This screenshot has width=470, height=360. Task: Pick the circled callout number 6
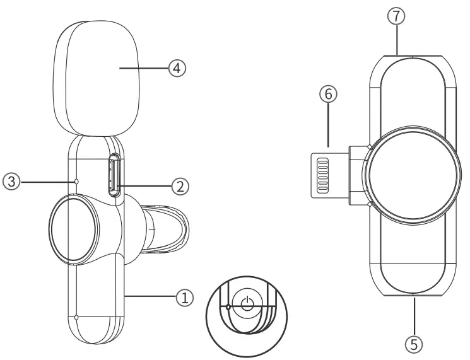coord(328,95)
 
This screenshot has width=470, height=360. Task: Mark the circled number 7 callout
coord(396,18)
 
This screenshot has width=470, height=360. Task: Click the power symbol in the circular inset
coord(247,303)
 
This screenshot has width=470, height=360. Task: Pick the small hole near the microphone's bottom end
coord(76,317)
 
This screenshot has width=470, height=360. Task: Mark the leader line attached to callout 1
coord(151,294)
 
